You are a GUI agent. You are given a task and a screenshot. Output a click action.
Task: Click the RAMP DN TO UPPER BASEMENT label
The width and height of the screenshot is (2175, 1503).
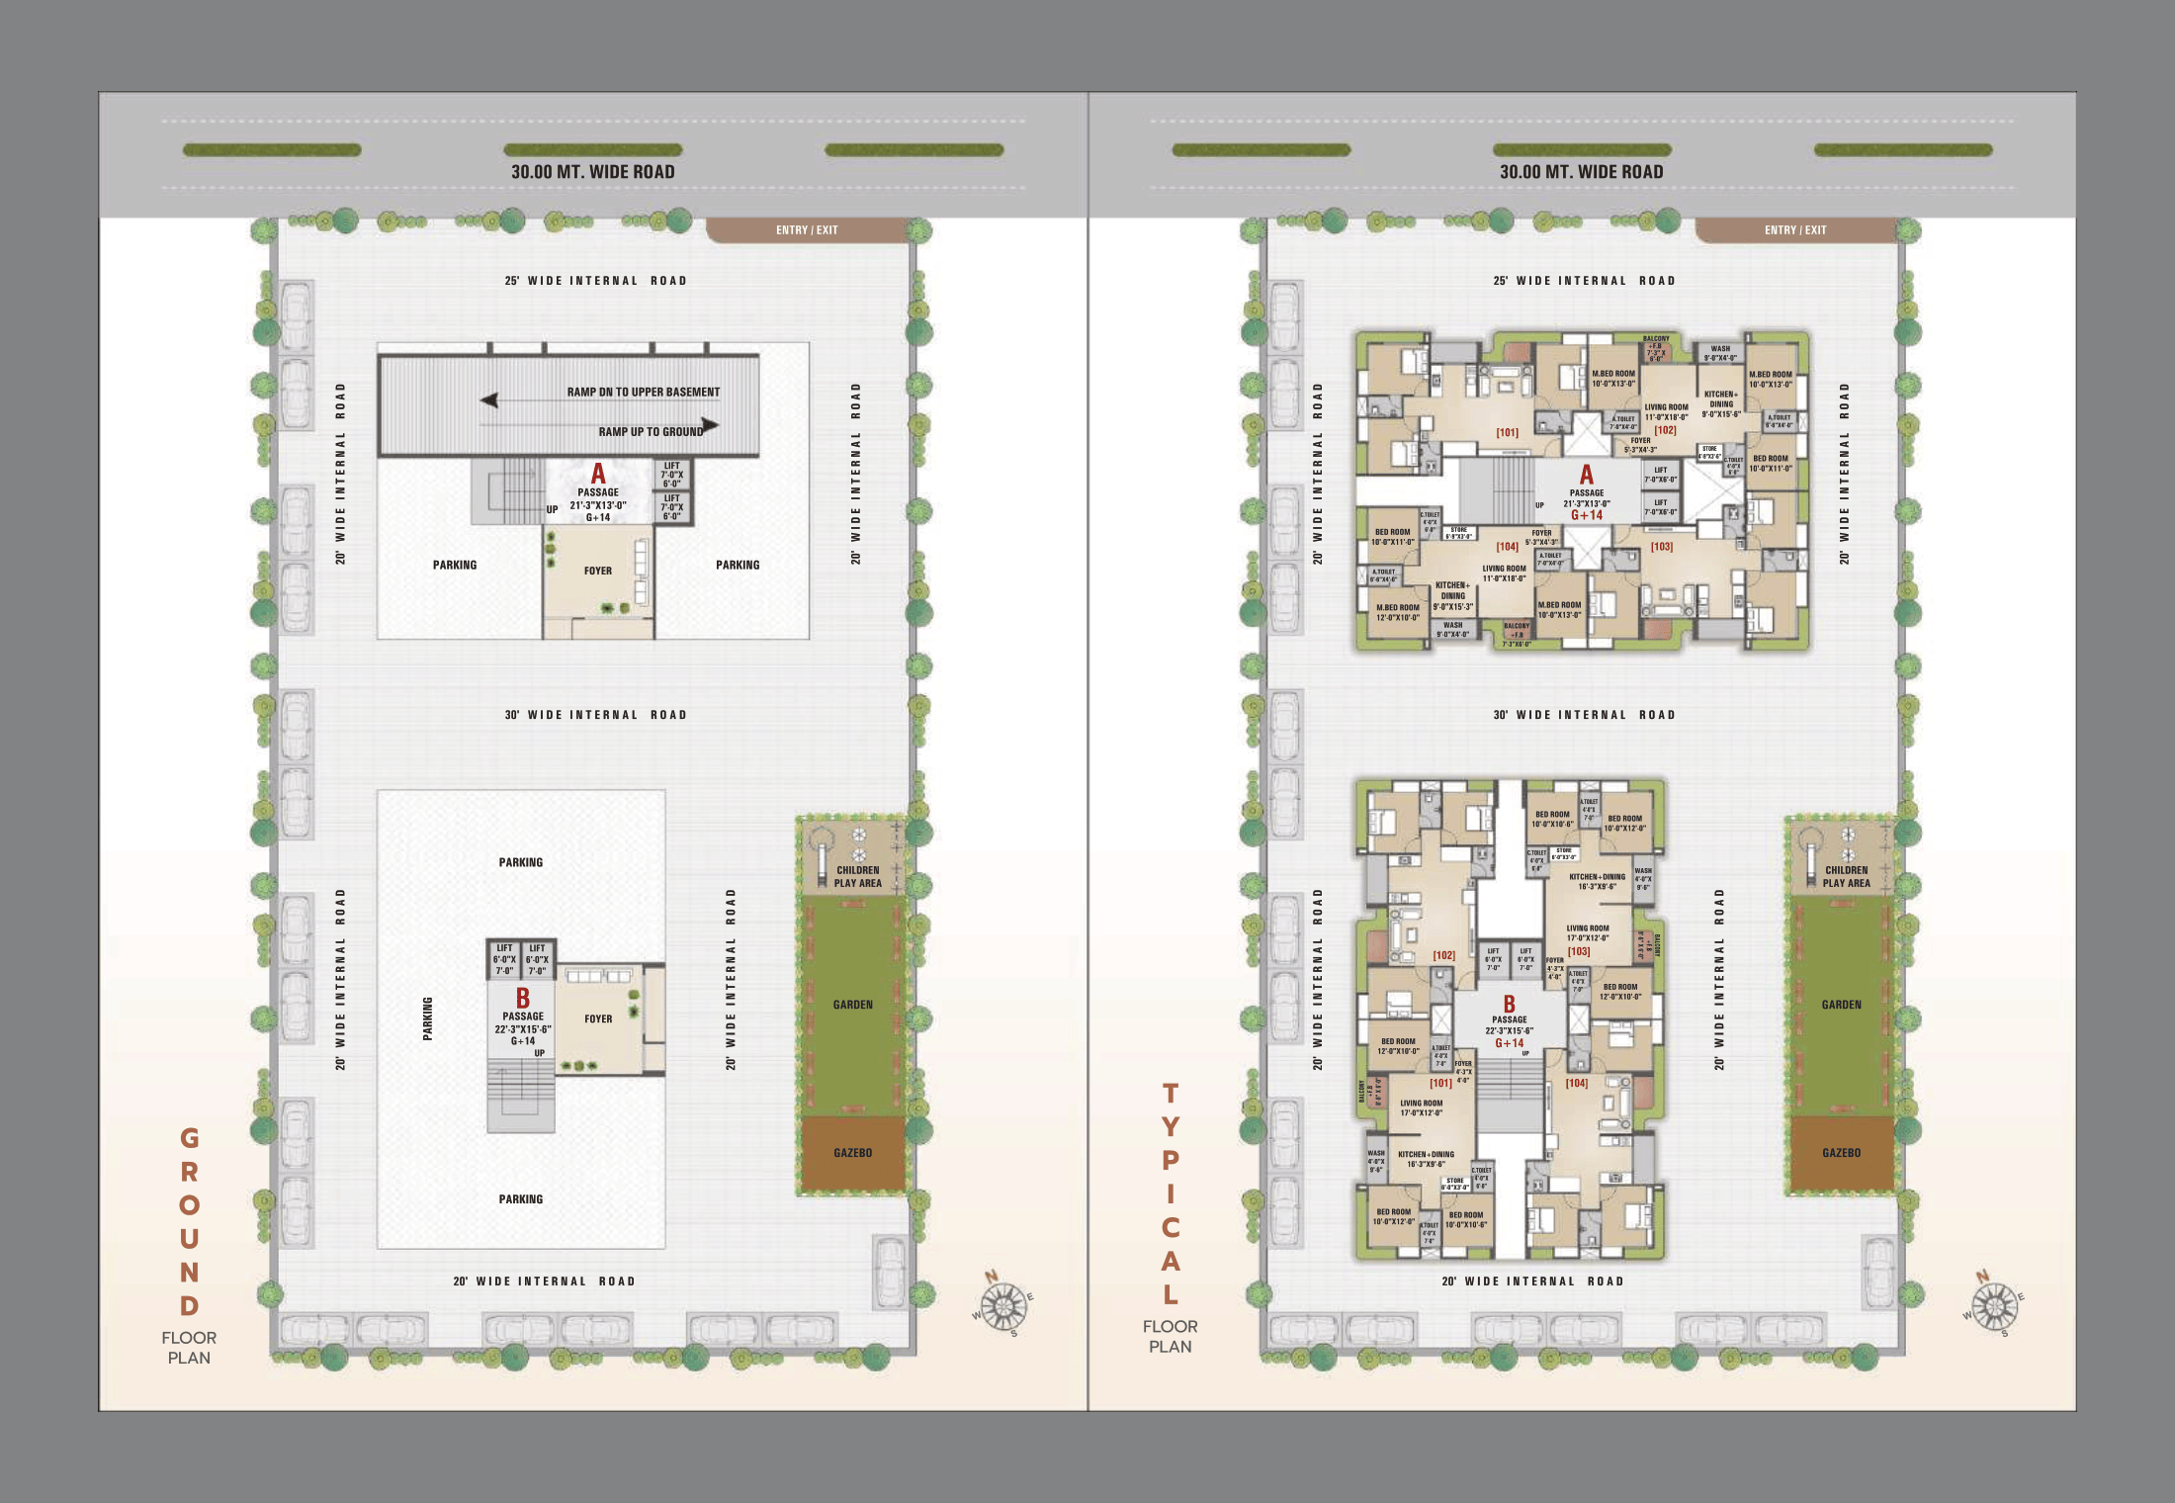(643, 393)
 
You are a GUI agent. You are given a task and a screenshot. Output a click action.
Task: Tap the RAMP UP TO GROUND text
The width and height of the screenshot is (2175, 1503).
(651, 432)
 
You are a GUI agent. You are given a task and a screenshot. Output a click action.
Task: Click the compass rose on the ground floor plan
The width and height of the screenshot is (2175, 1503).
(1002, 1306)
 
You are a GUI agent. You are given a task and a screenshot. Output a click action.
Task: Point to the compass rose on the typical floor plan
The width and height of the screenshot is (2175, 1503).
(1993, 1306)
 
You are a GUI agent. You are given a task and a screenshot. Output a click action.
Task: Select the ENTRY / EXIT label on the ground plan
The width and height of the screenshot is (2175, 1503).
(807, 230)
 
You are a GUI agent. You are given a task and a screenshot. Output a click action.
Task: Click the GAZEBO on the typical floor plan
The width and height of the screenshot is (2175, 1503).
(1841, 1153)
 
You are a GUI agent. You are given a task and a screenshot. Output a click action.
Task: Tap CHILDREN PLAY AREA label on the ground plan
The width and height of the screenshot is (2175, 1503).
(857, 877)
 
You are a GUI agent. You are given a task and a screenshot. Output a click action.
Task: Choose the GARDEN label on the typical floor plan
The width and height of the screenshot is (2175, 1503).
(1841, 1005)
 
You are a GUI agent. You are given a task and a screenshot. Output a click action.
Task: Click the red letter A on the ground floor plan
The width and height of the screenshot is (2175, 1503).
(598, 475)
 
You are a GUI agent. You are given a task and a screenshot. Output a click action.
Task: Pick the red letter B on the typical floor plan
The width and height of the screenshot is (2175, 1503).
(1509, 1005)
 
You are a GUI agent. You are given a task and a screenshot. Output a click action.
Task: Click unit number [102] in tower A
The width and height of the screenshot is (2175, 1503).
(1665, 430)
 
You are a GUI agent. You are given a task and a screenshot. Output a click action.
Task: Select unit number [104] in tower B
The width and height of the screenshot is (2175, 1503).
(1576, 1084)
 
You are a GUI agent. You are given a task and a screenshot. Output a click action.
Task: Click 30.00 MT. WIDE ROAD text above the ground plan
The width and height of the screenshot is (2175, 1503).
(592, 172)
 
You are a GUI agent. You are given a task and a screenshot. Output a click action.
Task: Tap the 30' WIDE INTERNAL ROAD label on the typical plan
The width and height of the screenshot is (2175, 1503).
(1584, 715)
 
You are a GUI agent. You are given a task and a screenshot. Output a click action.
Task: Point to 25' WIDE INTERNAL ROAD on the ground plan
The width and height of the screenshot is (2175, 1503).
(595, 281)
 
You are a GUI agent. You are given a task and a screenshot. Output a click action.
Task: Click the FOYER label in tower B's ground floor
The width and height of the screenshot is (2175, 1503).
(598, 1018)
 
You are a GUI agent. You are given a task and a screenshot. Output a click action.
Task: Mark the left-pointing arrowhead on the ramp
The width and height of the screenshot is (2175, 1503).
(488, 400)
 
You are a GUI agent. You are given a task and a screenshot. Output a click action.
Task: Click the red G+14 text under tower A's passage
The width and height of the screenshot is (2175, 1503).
(1586, 515)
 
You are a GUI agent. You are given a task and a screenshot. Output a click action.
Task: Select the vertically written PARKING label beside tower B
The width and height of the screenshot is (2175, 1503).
(428, 1018)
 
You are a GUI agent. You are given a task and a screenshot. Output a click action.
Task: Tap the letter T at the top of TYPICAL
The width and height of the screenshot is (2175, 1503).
(1171, 1094)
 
